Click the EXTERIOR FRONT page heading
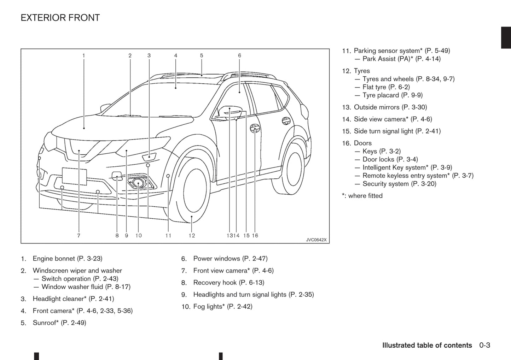point(60,18)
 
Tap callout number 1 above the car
point(84,55)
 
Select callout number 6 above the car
point(239,55)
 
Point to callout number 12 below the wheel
point(192,236)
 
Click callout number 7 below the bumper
point(79,236)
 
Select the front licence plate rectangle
point(74,176)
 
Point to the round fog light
point(138,183)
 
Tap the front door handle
point(255,128)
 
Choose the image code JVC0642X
point(316,240)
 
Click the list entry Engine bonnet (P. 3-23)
point(67,259)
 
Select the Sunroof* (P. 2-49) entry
point(59,323)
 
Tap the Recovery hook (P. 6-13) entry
point(228,283)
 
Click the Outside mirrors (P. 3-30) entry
point(390,107)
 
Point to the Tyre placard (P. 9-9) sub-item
point(392,95)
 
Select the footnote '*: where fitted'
point(362,196)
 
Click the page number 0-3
point(485,345)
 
